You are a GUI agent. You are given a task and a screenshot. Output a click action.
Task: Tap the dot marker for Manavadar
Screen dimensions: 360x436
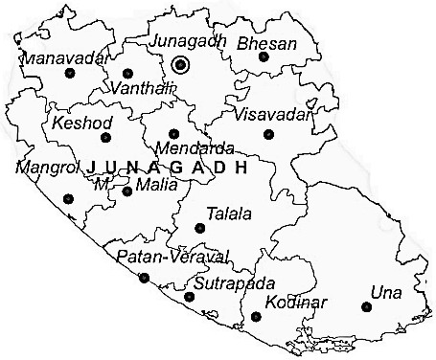68,73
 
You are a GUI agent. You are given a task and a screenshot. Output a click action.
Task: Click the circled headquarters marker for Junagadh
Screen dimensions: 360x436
182,65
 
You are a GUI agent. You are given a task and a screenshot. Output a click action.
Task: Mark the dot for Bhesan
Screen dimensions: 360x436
264,57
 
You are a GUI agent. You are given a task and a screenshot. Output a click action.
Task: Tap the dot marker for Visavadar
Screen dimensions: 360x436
268,134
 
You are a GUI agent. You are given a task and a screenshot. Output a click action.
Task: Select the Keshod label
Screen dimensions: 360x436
82,124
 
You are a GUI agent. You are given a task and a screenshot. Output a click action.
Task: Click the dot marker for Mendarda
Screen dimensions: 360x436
173,134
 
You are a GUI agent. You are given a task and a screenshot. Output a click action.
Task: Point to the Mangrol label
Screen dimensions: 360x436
45,168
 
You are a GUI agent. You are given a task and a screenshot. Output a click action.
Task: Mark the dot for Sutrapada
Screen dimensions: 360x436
189,297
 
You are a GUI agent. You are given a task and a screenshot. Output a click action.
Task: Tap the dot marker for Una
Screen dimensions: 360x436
366,306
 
